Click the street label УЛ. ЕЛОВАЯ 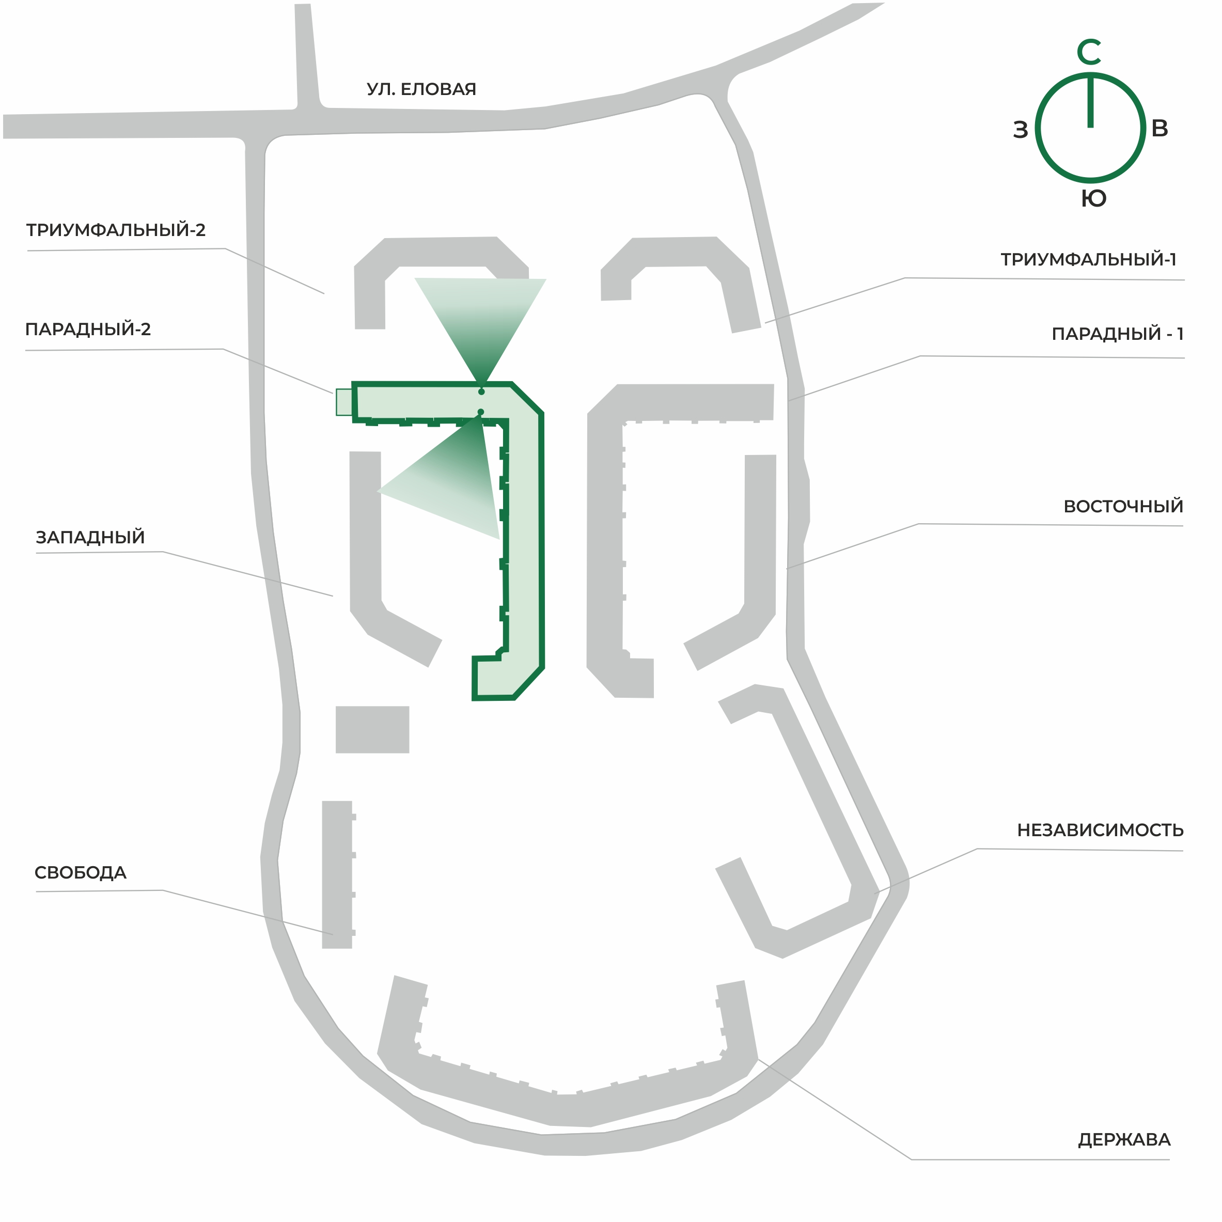pos(421,89)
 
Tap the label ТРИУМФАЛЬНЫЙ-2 pos(116,230)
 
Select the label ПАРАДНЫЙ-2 pos(88,329)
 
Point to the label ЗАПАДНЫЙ pos(90,537)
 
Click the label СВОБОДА pos(81,872)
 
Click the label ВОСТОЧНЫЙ pos(1123,506)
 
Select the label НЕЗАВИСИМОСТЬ pos(1100,830)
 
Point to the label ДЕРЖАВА pos(1124,1140)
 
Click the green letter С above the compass pos(1089,52)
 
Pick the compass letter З pos(1020,130)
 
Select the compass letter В pos(1160,129)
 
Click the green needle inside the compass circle pos(1090,101)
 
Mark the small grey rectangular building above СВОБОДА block pos(372,729)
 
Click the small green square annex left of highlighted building pos(344,402)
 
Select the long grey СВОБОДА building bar pos(337,875)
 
